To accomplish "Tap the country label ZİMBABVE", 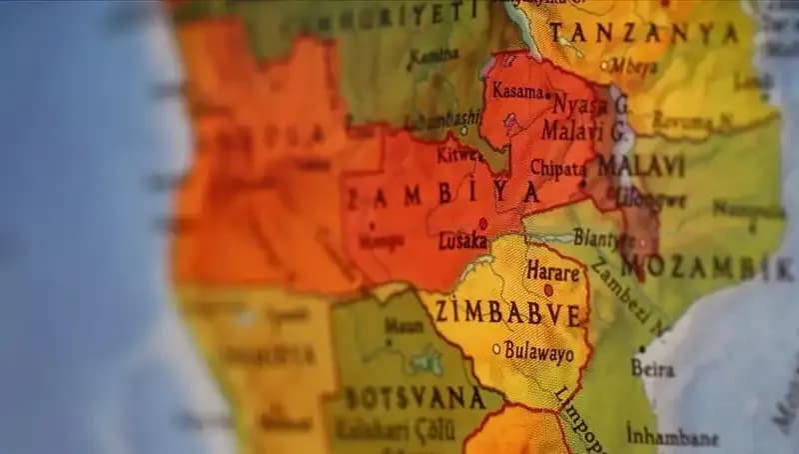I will click(x=507, y=313).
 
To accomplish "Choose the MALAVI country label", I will click(x=641, y=165).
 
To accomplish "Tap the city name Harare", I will click(x=553, y=271).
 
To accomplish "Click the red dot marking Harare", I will click(x=547, y=290).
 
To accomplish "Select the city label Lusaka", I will click(x=462, y=241).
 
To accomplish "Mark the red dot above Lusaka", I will click(x=482, y=223).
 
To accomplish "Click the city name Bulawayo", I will click(x=538, y=352).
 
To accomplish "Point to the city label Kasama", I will click(x=518, y=92).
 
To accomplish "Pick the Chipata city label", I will click(x=557, y=167).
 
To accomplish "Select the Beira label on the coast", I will click(x=653, y=367).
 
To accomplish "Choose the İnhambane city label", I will click(x=671, y=437).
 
